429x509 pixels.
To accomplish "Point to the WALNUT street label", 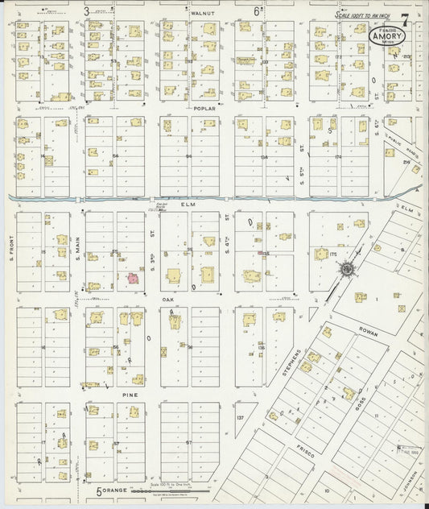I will (x=200, y=14).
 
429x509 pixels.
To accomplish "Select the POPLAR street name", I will (x=200, y=107).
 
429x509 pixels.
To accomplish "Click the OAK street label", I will (x=168, y=300).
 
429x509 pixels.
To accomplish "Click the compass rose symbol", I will (x=347, y=269).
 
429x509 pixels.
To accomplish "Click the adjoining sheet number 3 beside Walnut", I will (x=86, y=11).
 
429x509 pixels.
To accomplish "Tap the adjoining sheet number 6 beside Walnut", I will (x=257, y=11).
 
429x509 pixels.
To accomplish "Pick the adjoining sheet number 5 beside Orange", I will (x=100, y=490).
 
